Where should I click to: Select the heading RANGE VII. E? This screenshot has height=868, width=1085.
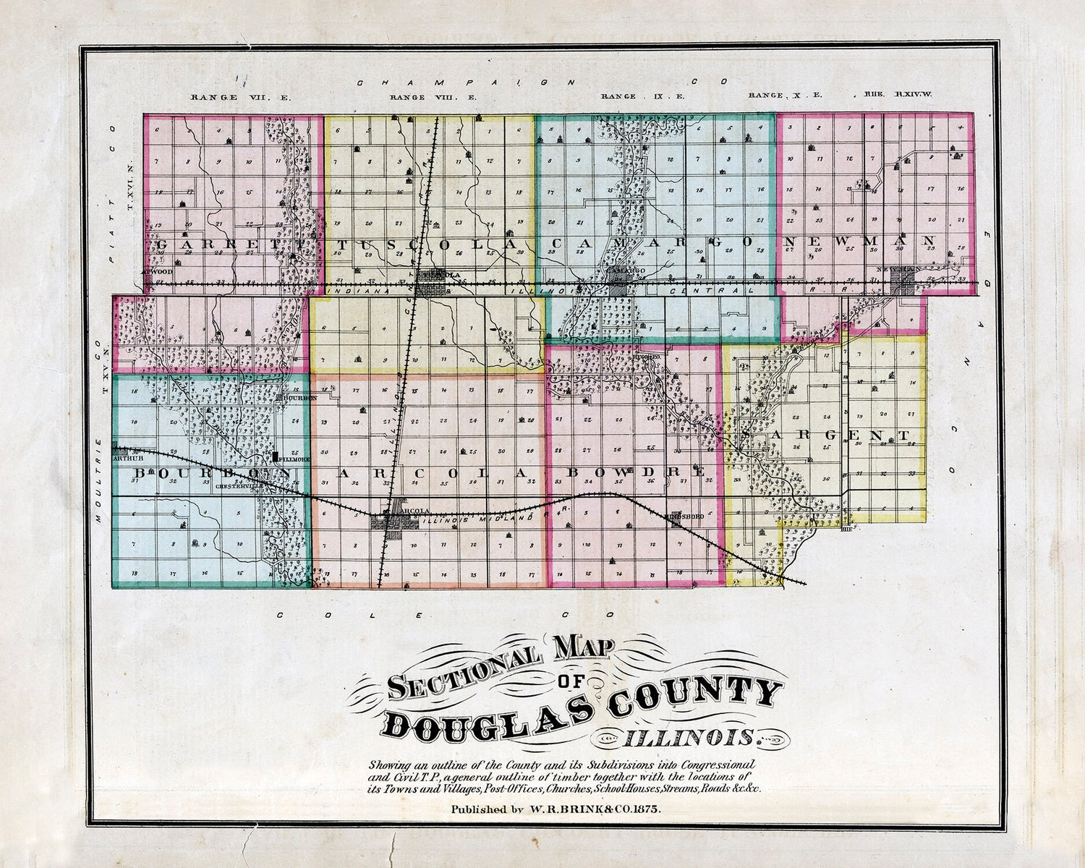(241, 97)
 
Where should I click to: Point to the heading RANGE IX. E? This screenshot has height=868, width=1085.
(643, 96)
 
